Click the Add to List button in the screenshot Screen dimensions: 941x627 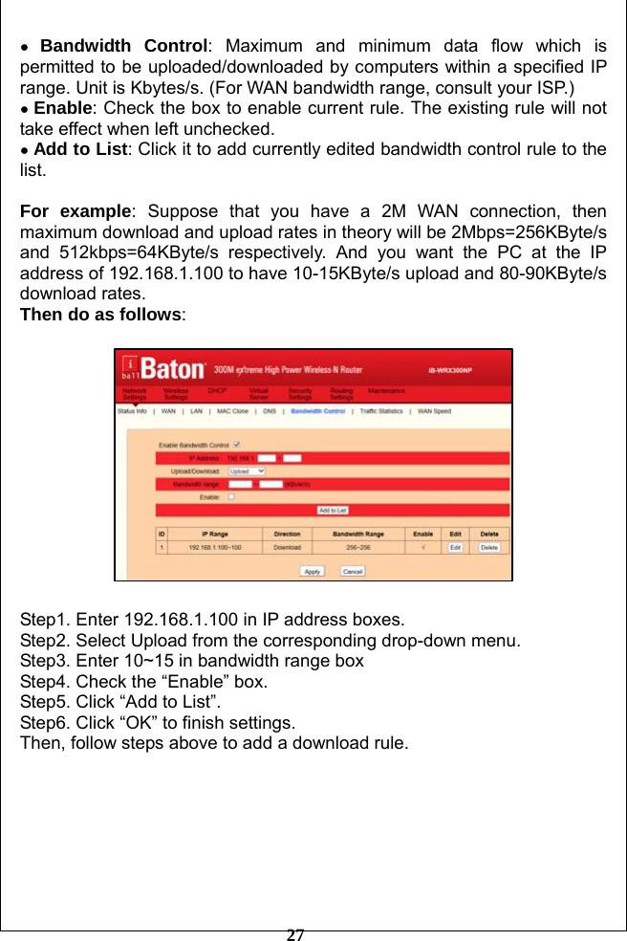coord(333,511)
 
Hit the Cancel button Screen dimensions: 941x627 coord(353,571)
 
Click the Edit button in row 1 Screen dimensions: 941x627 coord(456,547)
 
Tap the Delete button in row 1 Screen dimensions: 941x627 coord(488,547)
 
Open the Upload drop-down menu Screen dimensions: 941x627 coord(247,470)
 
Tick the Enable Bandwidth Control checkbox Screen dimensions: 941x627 coord(237,444)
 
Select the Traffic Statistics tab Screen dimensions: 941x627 coord(380,411)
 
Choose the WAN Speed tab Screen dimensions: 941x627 coord(435,411)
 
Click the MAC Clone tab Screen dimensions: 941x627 coord(232,411)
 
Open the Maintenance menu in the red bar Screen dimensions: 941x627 coord(387,390)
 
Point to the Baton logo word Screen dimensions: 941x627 coord(174,368)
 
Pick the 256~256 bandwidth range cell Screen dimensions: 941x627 coord(358,547)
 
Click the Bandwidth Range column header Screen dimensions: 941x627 coord(358,534)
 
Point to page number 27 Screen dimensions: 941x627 coord(296,934)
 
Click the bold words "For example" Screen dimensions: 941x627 coord(76,211)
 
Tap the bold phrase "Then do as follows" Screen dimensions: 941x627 coord(101,315)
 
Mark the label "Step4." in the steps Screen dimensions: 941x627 coord(46,682)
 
